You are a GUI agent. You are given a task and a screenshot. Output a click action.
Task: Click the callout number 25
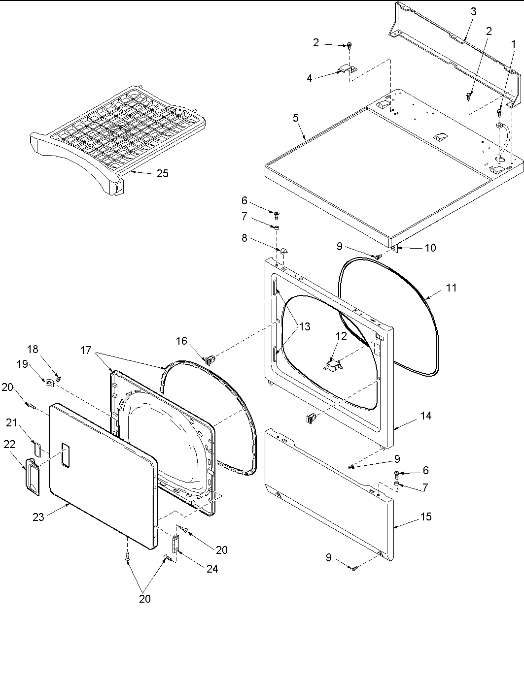[162, 173]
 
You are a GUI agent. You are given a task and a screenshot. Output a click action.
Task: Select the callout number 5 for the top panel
[295, 118]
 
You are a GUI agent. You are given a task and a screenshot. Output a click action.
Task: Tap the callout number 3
[473, 12]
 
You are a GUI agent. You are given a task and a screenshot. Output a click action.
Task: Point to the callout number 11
[451, 288]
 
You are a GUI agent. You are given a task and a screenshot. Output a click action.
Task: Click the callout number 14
[425, 416]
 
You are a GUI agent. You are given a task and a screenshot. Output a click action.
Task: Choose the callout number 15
[425, 516]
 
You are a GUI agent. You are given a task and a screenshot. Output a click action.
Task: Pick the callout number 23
[38, 516]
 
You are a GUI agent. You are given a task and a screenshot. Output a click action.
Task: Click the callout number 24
[212, 569]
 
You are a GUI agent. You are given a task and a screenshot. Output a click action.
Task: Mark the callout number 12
[341, 336]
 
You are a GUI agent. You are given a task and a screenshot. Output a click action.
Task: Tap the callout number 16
[181, 341]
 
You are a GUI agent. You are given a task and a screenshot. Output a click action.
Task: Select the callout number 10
[430, 248]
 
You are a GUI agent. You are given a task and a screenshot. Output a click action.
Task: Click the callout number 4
[310, 78]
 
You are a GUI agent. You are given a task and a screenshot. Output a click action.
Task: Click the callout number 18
[33, 349]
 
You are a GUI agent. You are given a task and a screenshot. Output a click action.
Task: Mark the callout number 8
[245, 239]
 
